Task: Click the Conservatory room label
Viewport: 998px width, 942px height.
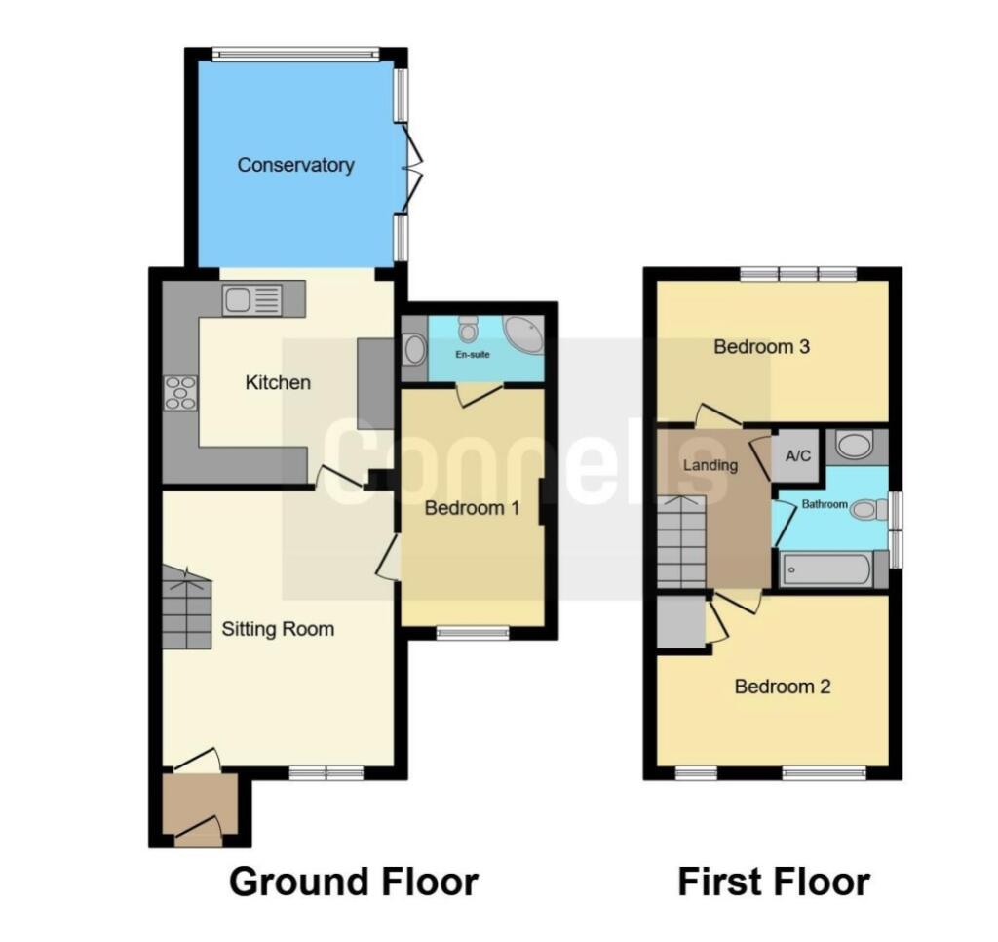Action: (x=295, y=165)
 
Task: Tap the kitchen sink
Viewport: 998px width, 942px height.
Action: (x=251, y=299)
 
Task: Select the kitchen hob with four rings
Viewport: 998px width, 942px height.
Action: (x=180, y=392)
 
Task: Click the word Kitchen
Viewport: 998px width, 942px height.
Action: (x=278, y=382)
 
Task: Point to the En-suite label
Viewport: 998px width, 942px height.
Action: (x=474, y=354)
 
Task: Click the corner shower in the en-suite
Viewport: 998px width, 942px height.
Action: (x=524, y=334)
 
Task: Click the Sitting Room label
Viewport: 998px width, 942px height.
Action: (x=278, y=629)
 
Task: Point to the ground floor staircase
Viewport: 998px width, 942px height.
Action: (x=186, y=610)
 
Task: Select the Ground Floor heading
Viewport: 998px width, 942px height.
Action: (x=354, y=882)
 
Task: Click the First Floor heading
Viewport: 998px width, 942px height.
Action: (x=774, y=882)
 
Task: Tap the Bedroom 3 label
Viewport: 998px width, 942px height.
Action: (x=762, y=346)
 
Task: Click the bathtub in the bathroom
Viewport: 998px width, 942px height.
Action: (x=827, y=570)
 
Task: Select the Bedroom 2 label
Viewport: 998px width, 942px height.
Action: (x=783, y=687)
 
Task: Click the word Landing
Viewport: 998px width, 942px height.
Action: (x=710, y=465)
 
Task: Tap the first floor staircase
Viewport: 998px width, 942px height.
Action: (x=680, y=542)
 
